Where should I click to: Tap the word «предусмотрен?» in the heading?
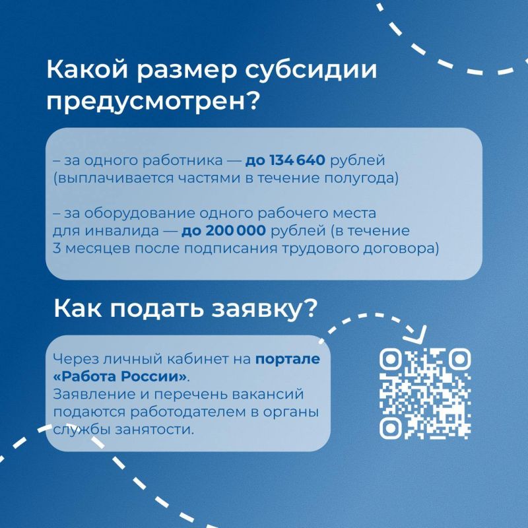(153, 102)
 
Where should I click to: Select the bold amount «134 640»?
(298, 160)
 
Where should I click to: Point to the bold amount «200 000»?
(236, 231)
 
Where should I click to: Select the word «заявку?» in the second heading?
(264, 308)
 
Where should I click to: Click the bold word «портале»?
(288, 359)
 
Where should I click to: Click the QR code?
(425, 394)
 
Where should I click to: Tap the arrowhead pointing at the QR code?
(418, 337)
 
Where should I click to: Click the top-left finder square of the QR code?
(391, 360)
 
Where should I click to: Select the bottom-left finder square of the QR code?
(391, 428)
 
